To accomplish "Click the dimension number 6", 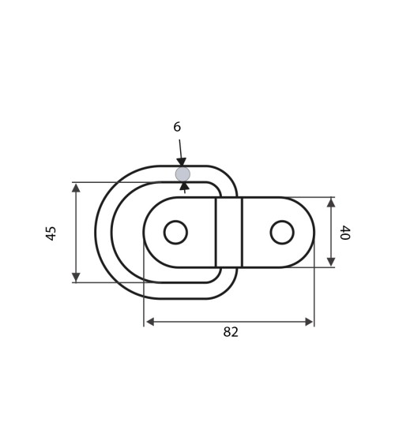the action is tap(177, 127).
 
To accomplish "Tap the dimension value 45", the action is tap(51, 233).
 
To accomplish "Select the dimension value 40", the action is tap(345, 233).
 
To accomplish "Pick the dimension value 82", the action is tap(231, 332).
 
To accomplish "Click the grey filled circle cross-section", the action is tap(182, 174).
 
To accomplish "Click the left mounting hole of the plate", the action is tap(175, 232).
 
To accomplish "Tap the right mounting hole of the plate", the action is tap(282, 232).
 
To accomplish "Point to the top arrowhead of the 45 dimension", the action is tap(76, 188).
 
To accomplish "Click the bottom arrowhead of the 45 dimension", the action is tap(76, 277).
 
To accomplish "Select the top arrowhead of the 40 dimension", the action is tap(331, 203).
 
